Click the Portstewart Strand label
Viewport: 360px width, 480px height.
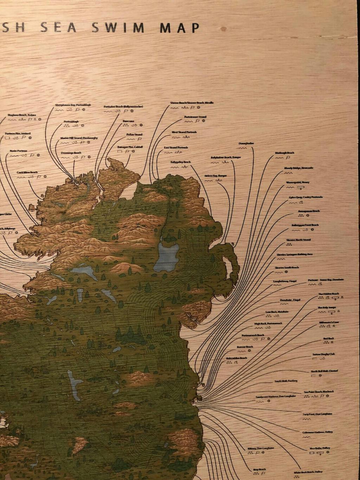point(195,117)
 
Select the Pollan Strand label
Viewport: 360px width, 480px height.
point(134,134)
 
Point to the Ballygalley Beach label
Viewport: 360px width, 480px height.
point(180,162)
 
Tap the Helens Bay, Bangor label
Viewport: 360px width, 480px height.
point(216,175)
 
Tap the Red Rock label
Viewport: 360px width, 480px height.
point(328,339)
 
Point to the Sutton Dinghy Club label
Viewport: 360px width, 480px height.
point(323,354)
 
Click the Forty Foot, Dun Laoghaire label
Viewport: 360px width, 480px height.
point(317,414)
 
